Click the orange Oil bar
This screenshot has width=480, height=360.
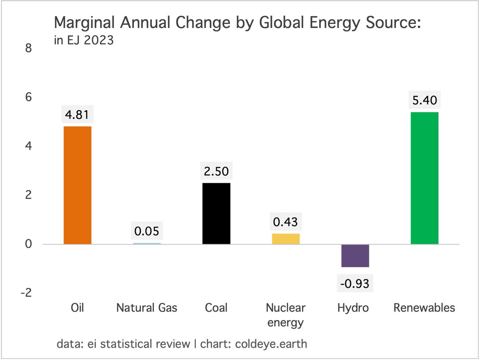pos(78,185)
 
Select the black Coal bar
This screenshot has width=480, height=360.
pos(216,213)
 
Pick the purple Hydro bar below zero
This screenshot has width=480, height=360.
pos(355,256)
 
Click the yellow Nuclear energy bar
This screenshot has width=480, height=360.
pos(286,239)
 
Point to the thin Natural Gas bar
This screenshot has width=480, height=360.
pos(147,243)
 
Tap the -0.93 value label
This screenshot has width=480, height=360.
pos(355,284)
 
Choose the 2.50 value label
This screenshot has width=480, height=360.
pos(216,172)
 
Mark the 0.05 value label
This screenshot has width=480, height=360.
pos(147,232)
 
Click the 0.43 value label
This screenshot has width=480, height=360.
pos(286,222)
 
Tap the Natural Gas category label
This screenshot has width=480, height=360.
pos(147,308)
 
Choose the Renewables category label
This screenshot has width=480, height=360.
pos(424,308)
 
